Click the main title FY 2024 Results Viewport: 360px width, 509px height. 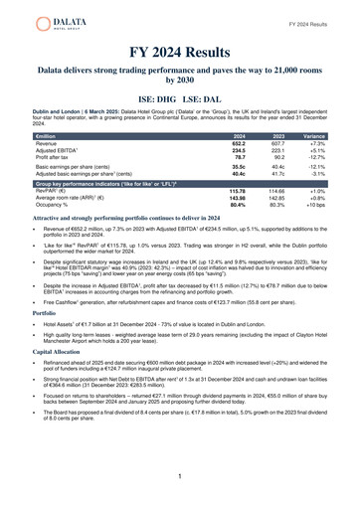tap(180, 52)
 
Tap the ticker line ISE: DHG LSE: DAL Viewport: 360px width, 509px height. tap(180, 101)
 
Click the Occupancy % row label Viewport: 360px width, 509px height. tap(49, 205)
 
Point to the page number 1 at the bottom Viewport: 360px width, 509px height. tap(180, 477)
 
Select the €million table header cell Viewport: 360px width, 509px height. tap(46, 135)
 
